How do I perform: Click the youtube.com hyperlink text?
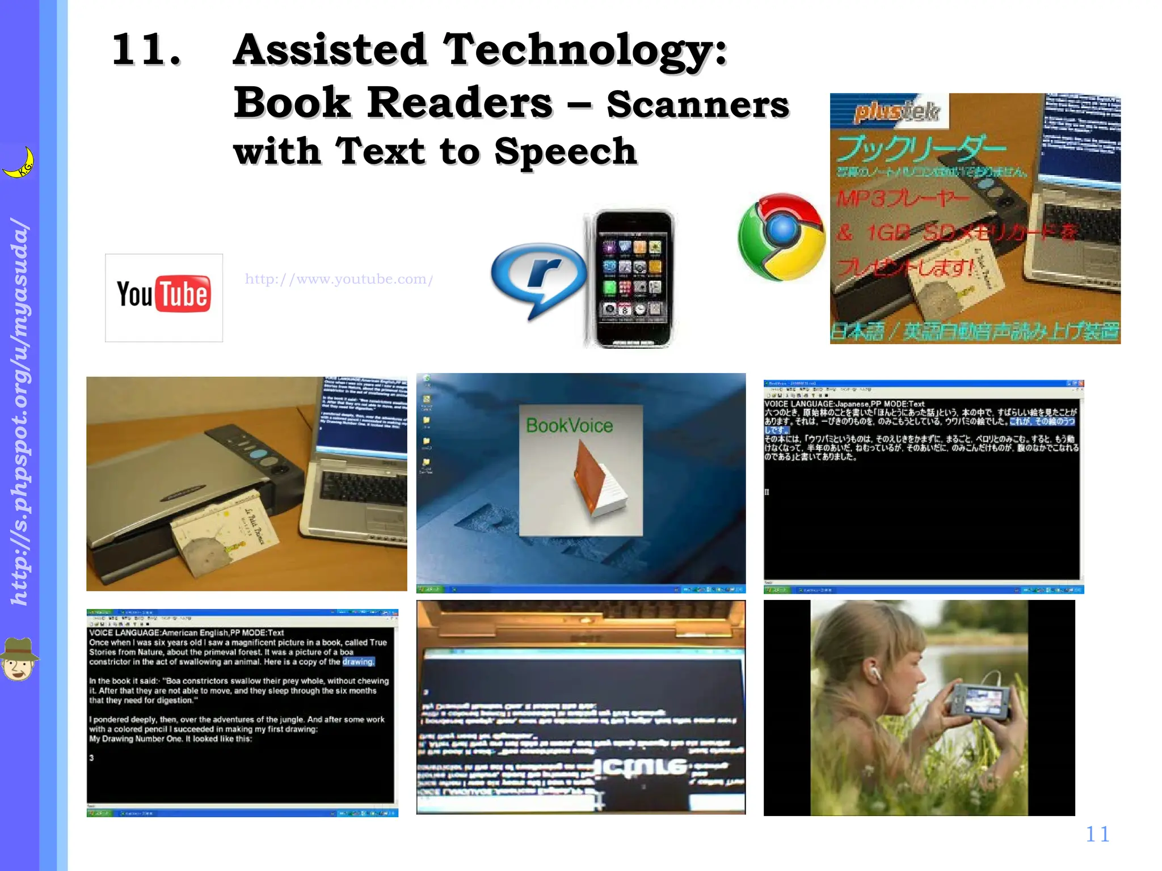pos(339,279)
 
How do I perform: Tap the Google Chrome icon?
pos(781,236)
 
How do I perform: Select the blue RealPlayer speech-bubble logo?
pos(538,277)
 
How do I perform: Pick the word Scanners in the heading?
pos(697,105)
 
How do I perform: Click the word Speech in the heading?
pos(565,152)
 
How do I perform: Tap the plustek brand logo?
pos(896,111)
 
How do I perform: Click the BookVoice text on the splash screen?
pos(569,425)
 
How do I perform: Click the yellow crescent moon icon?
pos(20,163)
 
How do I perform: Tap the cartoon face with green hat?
pos(19,658)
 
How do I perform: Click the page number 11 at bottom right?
pos(1097,834)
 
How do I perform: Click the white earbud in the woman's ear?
pos(875,673)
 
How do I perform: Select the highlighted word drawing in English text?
pos(358,662)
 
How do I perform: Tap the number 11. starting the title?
pos(146,50)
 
